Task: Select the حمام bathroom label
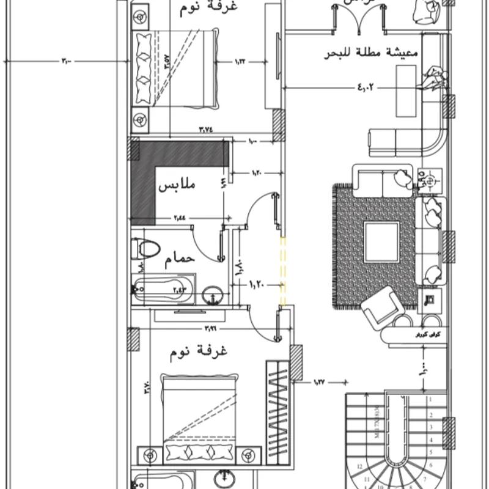180,259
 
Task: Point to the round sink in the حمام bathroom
213,295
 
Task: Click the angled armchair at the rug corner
381,308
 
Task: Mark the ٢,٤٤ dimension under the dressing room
181,217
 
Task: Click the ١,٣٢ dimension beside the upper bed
243,61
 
